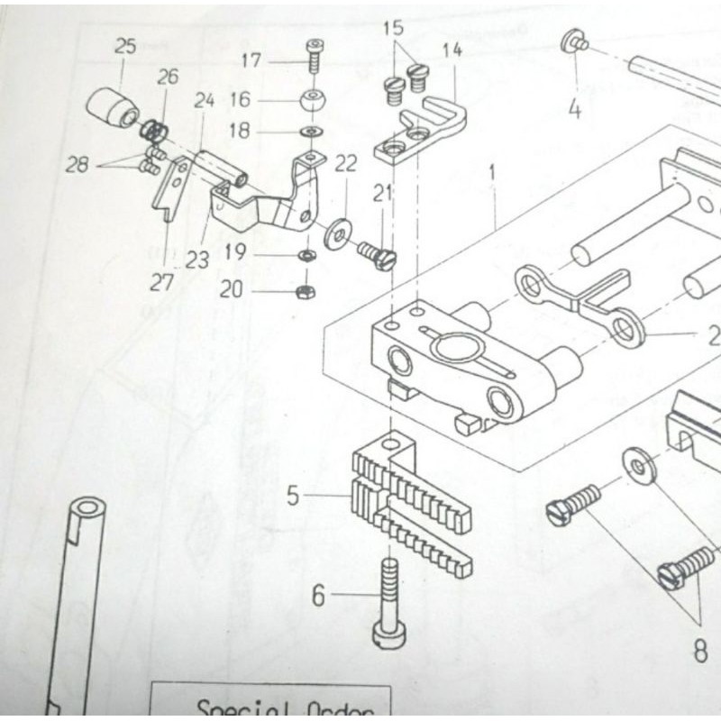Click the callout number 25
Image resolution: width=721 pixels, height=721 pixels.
point(124,46)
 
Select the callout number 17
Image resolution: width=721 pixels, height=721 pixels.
point(251,61)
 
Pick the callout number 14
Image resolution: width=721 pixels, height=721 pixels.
point(452,50)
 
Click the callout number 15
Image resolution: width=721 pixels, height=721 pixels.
point(394,28)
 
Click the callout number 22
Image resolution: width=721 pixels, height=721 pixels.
point(346,163)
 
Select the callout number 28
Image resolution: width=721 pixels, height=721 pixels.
point(78,165)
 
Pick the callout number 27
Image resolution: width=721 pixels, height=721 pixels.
point(161,282)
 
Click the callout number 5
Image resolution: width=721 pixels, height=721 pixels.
point(292,496)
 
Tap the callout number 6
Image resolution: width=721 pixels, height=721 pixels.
point(318,596)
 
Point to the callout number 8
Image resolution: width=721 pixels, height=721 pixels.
point(700,651)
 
